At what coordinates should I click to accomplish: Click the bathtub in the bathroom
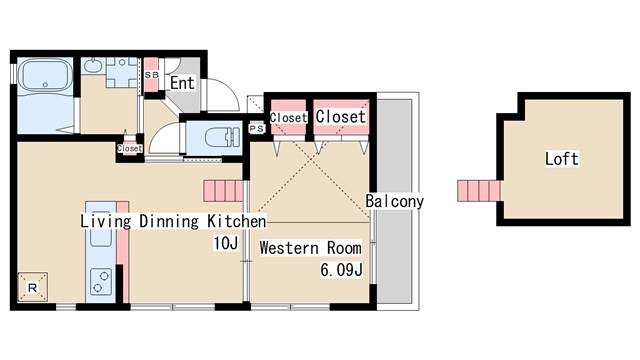pos(45,76)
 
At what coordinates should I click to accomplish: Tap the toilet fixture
pos(222,137)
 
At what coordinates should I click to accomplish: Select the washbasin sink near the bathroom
pos(93,65)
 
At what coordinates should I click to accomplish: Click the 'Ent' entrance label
pos(182,83)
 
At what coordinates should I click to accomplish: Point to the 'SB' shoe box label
pos(151,75)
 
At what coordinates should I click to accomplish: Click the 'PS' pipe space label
pos(257,129)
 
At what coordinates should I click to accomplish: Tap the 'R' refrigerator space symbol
pos(33,287)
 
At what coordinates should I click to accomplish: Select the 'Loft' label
pos(562,159)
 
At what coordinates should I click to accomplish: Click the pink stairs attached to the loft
pos(479,191)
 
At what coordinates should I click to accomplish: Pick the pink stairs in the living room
pos(224,191)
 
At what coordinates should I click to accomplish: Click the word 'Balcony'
pos(394,201)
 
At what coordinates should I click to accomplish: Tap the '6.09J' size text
pos(341,270)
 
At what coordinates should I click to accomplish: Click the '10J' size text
pos(226,243)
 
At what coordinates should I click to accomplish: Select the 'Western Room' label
pos(310,248)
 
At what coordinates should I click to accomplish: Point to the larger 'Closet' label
pos(340,117)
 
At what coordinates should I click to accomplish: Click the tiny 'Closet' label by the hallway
pos(130,149)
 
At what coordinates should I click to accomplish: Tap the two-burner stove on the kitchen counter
pos(100,282)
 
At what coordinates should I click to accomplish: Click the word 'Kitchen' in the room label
pos(237,221)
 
